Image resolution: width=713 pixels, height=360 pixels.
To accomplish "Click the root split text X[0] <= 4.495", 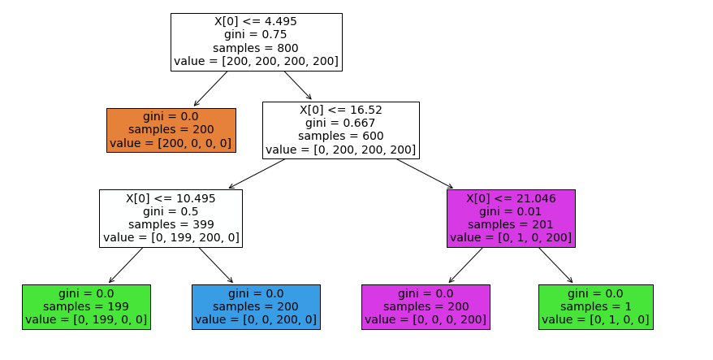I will point(256,20).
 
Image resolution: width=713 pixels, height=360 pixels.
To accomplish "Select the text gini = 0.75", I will point(256,34).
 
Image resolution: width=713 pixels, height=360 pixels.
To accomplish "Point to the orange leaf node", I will point(171,130).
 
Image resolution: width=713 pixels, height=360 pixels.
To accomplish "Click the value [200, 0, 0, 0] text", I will point(171,144).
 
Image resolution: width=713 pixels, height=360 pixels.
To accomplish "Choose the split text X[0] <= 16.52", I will point(341,109).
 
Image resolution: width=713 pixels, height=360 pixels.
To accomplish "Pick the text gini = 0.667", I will point(341,123).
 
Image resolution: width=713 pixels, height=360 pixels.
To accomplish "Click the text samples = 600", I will point(341,136).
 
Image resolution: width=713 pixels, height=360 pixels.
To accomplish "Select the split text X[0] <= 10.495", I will point(171,197).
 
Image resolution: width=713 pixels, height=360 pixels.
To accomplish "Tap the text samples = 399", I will point(171,224).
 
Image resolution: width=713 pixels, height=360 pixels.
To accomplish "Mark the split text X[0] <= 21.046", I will point(511,197).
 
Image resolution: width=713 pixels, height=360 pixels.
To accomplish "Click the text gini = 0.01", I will point(511,211).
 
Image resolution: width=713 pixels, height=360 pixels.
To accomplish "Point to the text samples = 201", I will point(511,224).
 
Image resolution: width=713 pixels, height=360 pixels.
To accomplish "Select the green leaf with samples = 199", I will point(86,306).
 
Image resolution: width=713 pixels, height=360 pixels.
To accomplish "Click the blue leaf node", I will point(256,306).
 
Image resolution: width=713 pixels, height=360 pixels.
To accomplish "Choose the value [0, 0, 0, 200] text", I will point(426,320).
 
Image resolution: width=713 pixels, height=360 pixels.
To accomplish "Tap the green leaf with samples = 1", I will point(595,306).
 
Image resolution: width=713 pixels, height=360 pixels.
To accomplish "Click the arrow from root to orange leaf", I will point(211,89).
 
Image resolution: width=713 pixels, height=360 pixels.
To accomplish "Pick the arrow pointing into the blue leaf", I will point(216,266).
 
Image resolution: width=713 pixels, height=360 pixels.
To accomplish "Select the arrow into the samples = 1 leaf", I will point(555,266).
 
